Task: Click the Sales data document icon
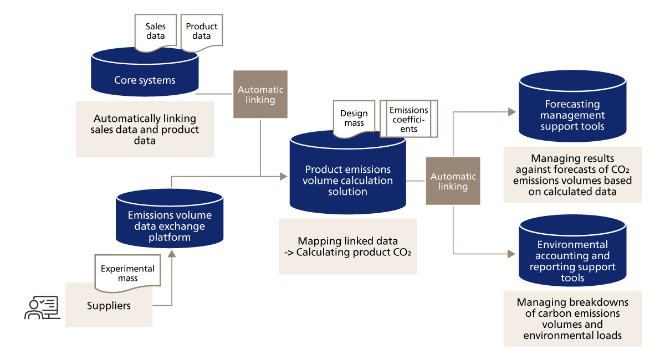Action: tap(156, 32)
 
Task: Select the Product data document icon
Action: tap(202, 32)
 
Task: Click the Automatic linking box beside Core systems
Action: tap(260, 94)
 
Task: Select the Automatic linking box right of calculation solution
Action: tap(453, 181)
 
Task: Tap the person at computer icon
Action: tap(40, 308)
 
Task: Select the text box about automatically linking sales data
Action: tap(145, 128)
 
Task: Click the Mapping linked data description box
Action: tap(347, 246)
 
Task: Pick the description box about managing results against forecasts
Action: tap(572, 174)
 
